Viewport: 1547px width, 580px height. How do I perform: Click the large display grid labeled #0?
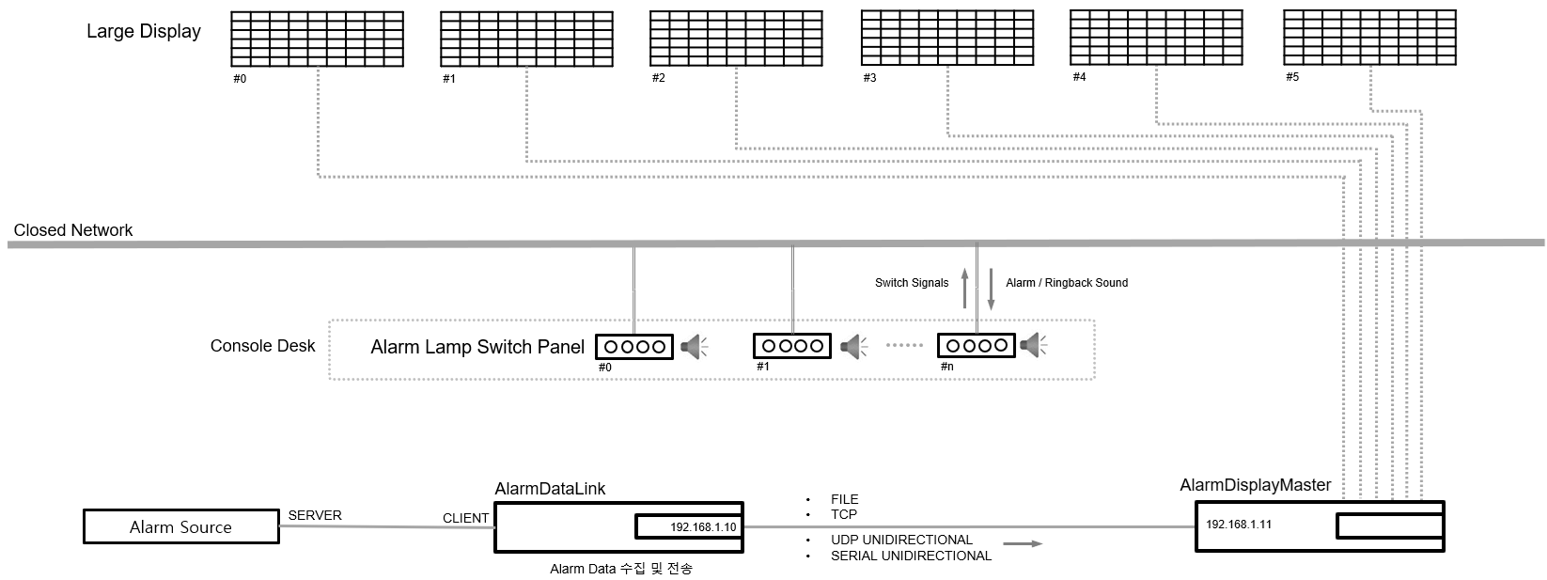(318, 39)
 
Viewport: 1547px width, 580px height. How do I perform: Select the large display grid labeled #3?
(946, 38)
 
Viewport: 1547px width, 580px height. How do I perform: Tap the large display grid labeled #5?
(1369, 38)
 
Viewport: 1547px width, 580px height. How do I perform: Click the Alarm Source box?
(180, 526)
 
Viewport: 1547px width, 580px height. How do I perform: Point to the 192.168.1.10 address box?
(688, 527)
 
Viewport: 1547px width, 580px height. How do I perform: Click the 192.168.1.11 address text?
(1238, 525)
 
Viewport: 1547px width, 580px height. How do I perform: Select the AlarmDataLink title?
(550, 489)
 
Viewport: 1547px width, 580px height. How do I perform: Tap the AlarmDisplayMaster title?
(1255, 485)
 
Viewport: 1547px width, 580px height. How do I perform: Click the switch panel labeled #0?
(634, 346)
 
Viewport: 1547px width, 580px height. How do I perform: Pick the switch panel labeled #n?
(977, 345)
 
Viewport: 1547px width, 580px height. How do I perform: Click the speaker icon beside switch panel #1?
(852, 347)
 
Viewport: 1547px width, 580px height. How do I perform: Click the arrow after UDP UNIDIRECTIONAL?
(1023, 543)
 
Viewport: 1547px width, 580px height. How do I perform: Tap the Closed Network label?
(73, 230)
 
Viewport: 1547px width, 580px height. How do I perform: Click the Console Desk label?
(262, 346)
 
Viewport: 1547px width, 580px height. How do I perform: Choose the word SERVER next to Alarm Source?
(315, 516)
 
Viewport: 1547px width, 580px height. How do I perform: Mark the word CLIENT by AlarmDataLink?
(465, 518)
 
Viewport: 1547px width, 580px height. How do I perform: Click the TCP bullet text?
(843, 514)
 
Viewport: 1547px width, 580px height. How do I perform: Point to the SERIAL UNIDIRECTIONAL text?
(911, 556)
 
